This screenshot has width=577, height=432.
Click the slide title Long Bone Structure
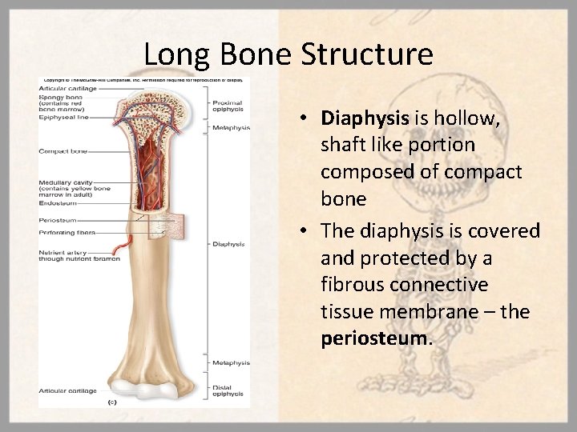coord(288,54)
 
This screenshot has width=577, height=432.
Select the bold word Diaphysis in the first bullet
coord(365,119)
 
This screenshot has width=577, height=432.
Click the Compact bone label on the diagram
coord(63,150)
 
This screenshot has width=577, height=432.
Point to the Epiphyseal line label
coord(63,117)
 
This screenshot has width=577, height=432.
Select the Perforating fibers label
coord(67,233)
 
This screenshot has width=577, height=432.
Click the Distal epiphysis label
coord(228,390)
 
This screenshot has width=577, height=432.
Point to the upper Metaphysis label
coord(231,127)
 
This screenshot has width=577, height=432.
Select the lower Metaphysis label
coord(231,362)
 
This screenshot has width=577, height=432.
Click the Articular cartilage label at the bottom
coord(67,391)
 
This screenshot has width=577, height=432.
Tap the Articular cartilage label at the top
coord(67,89)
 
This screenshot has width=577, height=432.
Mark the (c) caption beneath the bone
coord(112,402)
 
